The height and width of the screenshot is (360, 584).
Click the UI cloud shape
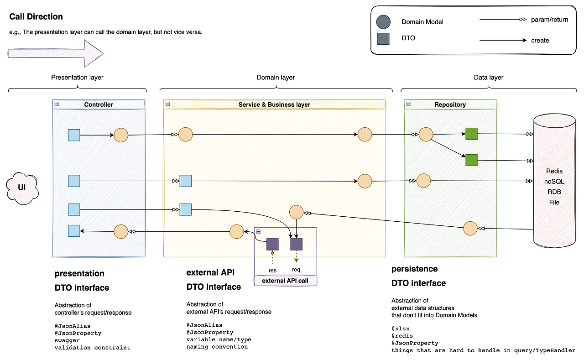pos(21,188)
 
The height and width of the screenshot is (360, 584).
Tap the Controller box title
pos(99,104)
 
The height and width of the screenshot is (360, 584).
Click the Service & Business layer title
pos(274,104)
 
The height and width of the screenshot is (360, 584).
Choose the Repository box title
pos(450,104)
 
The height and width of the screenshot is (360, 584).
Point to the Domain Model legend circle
pos(383,21)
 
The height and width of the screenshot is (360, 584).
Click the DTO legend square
pos(383,39)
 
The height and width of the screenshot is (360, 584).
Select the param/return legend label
pos(549,20)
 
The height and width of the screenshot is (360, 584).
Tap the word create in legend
pos(540,40)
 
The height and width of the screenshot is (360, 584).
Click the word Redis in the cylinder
pos(554,171)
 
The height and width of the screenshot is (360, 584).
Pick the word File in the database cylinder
pos(554,202)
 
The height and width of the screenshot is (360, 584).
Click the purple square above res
pos(272,244)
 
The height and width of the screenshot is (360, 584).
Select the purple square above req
pos(297,244)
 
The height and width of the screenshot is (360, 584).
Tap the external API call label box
pos(285,281)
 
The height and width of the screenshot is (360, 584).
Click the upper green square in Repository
pos(471,134)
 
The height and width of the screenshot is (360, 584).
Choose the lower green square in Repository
pos(471,160)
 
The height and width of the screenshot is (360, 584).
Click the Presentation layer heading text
pos(77,77)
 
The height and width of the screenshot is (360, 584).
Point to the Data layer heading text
pos(489,77)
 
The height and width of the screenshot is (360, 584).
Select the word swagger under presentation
pos(67,340)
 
